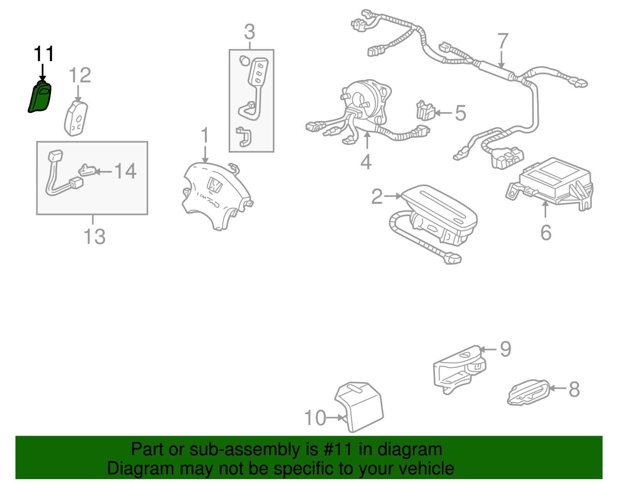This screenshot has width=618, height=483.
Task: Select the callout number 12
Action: (80, 75)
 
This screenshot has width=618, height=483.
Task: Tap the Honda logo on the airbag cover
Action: (214, 186)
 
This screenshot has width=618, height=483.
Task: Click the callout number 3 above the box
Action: (250, 32)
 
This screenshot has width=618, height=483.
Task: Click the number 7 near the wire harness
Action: (503, 41)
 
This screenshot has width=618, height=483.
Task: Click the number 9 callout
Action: (506, 349)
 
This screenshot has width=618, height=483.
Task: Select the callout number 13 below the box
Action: (94, 236)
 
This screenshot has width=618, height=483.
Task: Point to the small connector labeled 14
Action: (87, 170)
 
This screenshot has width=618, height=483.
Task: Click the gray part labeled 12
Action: (76, 118)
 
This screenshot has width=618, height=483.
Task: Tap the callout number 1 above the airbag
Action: (205, 136)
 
